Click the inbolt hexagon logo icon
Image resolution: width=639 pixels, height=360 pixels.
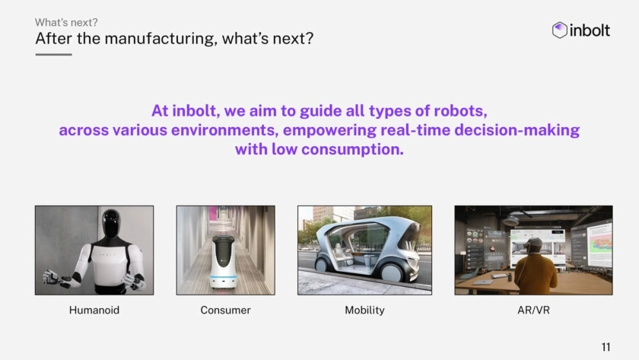click(x=560, y=30)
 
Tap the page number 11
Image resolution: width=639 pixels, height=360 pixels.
click(x=606, y=347)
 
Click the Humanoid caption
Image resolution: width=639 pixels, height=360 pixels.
click(x=94, y=311)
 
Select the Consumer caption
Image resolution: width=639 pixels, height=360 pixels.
click(x=225, y=311)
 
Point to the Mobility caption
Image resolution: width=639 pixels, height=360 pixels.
click(x=364, y=311)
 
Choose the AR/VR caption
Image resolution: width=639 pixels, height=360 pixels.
click(x=533, y=311)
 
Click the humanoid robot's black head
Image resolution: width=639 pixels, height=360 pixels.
click(x=111, y=222)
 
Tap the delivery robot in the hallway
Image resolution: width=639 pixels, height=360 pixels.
click(x=224, y=262)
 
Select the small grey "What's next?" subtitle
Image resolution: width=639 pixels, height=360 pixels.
click(x=66, y=22)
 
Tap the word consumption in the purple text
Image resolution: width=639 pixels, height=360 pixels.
click(x=352, y=150)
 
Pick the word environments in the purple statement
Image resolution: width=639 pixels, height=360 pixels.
click(x=224, y=130)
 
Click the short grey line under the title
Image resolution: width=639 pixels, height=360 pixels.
click(x=53, y=54)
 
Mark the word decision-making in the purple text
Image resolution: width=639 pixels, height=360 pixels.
click(x=517, y=130)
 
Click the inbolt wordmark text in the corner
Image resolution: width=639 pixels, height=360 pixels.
click(x=590, y=30)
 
